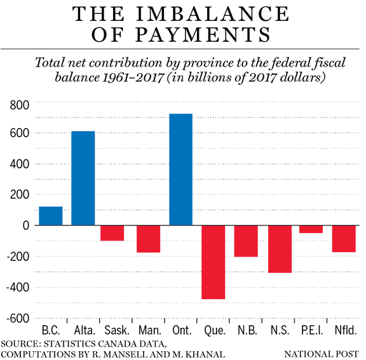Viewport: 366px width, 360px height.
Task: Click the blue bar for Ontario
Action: click(x=180, y=170)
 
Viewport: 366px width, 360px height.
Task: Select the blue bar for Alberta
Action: click(x=83, y=178)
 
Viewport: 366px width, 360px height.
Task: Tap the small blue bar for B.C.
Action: click(x=50, y=216)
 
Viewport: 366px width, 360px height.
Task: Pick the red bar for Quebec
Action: click(x=213, y=262)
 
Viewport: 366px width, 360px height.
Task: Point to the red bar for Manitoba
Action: click(x=148, y=239)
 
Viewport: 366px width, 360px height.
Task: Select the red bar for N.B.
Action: click(x=245, y=241)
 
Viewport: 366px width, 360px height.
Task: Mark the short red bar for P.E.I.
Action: click(x=311, y=229)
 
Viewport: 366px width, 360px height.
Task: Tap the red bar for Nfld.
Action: click(x=344, y=239)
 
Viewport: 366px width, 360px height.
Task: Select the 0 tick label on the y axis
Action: click(x=25, y=225)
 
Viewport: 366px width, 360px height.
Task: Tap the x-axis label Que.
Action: click(x=213, y=331)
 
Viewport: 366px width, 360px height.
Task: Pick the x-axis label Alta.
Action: click(x=83, y=331)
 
